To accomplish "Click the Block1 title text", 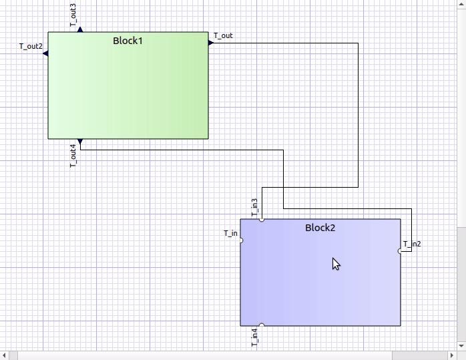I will click(128, 41).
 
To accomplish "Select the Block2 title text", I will click(320, 228).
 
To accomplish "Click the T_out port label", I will click(223, 36).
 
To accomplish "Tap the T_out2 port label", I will click(31, 47).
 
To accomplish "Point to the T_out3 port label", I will click(73, 15).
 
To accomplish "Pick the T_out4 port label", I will click(73, 156).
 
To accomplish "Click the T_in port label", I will click(230, 233).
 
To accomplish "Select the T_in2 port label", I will click(413, 244).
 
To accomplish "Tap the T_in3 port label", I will click(254, 207).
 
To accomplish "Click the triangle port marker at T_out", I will click(211, 43).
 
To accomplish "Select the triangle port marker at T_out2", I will click(45, 53).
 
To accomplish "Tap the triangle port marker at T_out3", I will click(80, 29).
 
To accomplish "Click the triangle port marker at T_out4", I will click(80, 142).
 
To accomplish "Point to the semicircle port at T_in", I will click(241, 240).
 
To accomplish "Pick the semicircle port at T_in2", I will click(401, 251).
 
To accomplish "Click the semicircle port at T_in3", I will click(262, 219).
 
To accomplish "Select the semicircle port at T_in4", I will click(262, 325).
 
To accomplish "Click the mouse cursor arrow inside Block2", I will click(336, 263).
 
